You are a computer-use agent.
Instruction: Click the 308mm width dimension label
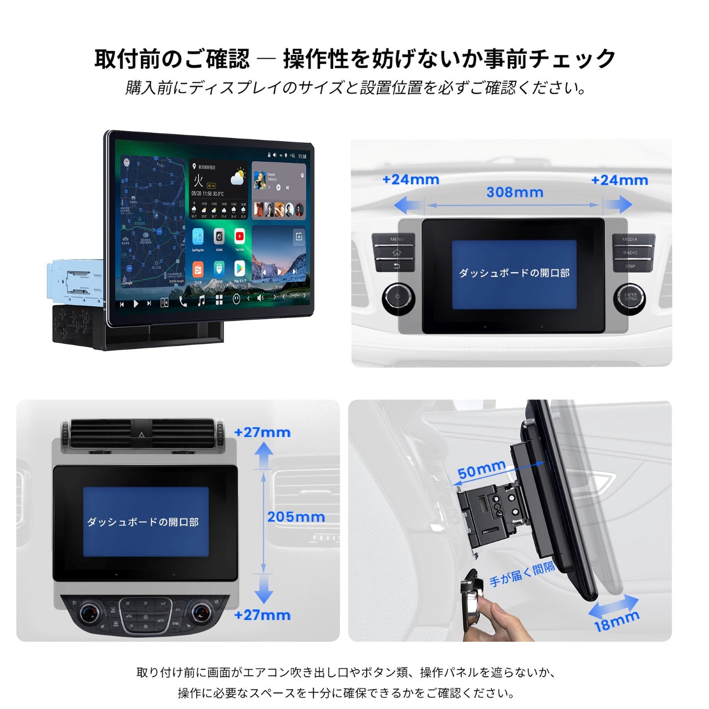click(x=515, y=192)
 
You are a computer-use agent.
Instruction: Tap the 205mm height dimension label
click(x=296, y=517)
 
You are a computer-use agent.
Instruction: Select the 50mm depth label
click(x=481, y=470)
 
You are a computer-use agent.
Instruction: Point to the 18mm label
click(x=617, y=622)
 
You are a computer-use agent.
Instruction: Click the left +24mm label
click(x=411, y=180)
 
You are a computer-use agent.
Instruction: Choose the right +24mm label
click(x=619, y=181)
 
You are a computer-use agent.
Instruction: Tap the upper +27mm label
click(x=262, y=432)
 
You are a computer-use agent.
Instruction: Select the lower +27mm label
click(x=262, y=615)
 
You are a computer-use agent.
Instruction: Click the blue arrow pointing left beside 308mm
click(x=407, y=205)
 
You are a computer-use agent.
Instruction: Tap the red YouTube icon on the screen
click(x=239, y=237)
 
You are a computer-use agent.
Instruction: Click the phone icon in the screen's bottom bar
click(x=183, y=301)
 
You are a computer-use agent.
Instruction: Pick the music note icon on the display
click(x=201, y=300)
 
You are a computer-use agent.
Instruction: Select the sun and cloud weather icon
click(x=238, y=178)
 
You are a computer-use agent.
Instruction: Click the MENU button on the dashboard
click(x=395, y=240)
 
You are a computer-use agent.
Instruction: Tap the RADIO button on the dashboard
click(x=630, y=253)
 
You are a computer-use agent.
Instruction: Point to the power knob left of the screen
click(x=398, y=297)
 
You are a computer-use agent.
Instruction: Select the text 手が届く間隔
click(x=522, y=574)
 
